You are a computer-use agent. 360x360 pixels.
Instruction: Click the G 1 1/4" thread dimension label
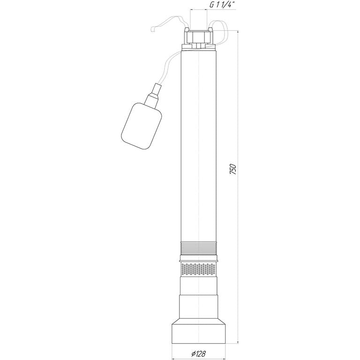point(223,5)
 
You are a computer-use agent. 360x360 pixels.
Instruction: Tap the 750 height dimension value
point(233,169)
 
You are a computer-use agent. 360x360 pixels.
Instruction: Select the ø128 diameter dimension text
point(198,353)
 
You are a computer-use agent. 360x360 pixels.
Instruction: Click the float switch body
point(142,126)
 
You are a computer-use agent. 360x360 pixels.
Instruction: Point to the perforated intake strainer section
point(199,270)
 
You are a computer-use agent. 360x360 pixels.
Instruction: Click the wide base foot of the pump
point(199,332)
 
